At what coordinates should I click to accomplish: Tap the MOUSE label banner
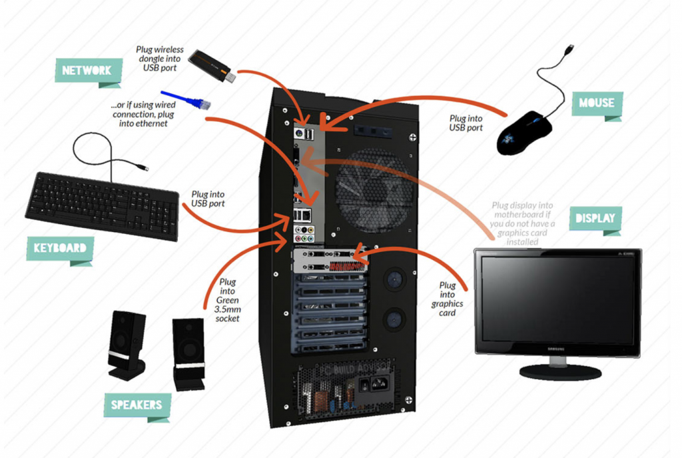coord(596,103)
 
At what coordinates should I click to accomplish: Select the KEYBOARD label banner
coord(60,248)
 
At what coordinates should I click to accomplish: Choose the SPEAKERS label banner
coord(137,404)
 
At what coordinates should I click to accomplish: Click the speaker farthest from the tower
coord(127,343)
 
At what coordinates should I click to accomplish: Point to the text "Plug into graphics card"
coord(447,299)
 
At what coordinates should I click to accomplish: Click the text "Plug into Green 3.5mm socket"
coord(227,300)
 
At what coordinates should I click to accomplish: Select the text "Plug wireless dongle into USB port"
coord(159,59)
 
